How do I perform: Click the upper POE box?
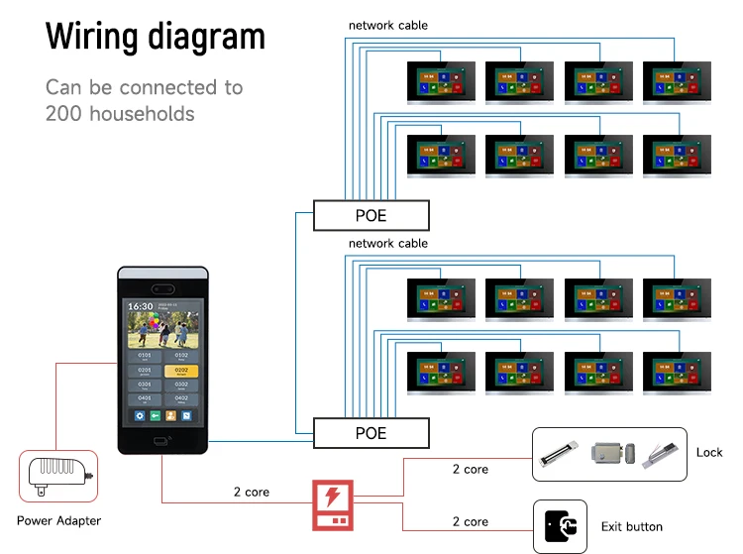pyautogui.click(x=371, y=215)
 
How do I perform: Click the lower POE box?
pyautogui.click(x=371, y=433)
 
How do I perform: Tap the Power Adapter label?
pyautogui.click(x=58, y=520)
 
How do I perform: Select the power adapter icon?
pyautogui.click(x=58, y=476)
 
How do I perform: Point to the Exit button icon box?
pyautogui.click(x=561, y=525)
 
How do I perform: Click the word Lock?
pyautogui.click(x=709, y=452)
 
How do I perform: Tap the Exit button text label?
pyautogui.click(x=632, y=526)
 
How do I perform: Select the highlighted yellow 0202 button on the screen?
pyautogui.click(x=181, y=371)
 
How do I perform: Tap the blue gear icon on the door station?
pyautogui.click(x=140, y=416)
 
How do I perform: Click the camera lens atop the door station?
pyautogui.click(x=164, y=286)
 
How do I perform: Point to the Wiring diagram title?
pyautogui.click(x=156, y=37)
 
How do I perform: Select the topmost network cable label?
pyautogui.click(x=387, y=25)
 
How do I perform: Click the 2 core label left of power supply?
pyautogui.click(x=252, y=492)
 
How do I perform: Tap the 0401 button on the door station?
pyautogui.click(x=145, y=398)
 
